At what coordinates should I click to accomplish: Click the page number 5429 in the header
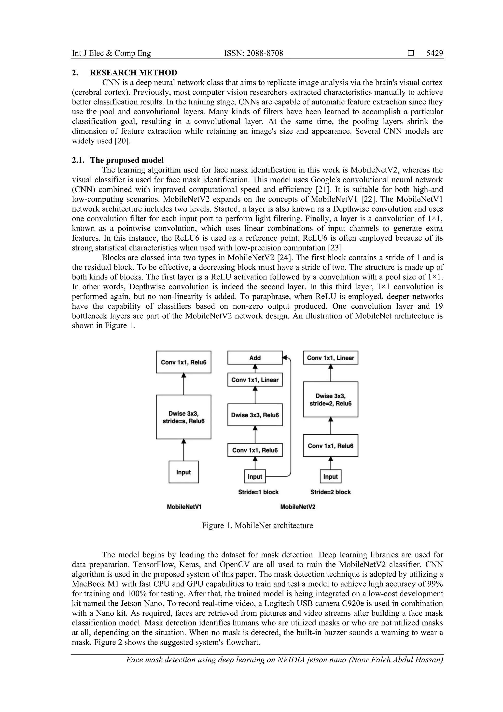point(434,53)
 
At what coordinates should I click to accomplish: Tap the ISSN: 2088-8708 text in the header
point(253,53)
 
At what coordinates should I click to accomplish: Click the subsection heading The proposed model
point(127,160)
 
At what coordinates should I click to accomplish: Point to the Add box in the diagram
point(255,358)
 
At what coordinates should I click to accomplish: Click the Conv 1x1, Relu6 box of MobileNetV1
point(183,362)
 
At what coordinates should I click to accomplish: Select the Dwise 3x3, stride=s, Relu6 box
point(183,417)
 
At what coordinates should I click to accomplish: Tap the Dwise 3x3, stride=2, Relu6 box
point(330,399)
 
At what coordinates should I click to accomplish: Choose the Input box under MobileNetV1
point(183,472)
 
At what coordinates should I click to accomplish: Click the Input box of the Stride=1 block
point(255,477)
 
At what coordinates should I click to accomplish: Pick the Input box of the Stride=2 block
point(330,477)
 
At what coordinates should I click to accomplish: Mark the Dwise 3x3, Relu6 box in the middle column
point(255,415)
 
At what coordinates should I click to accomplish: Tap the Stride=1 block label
point(258,492)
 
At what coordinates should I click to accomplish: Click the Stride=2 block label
point(330,492)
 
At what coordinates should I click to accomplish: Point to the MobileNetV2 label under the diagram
point(297,507)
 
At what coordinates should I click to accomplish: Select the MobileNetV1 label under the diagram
point(184,507)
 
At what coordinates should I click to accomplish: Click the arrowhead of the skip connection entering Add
point(284,358)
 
